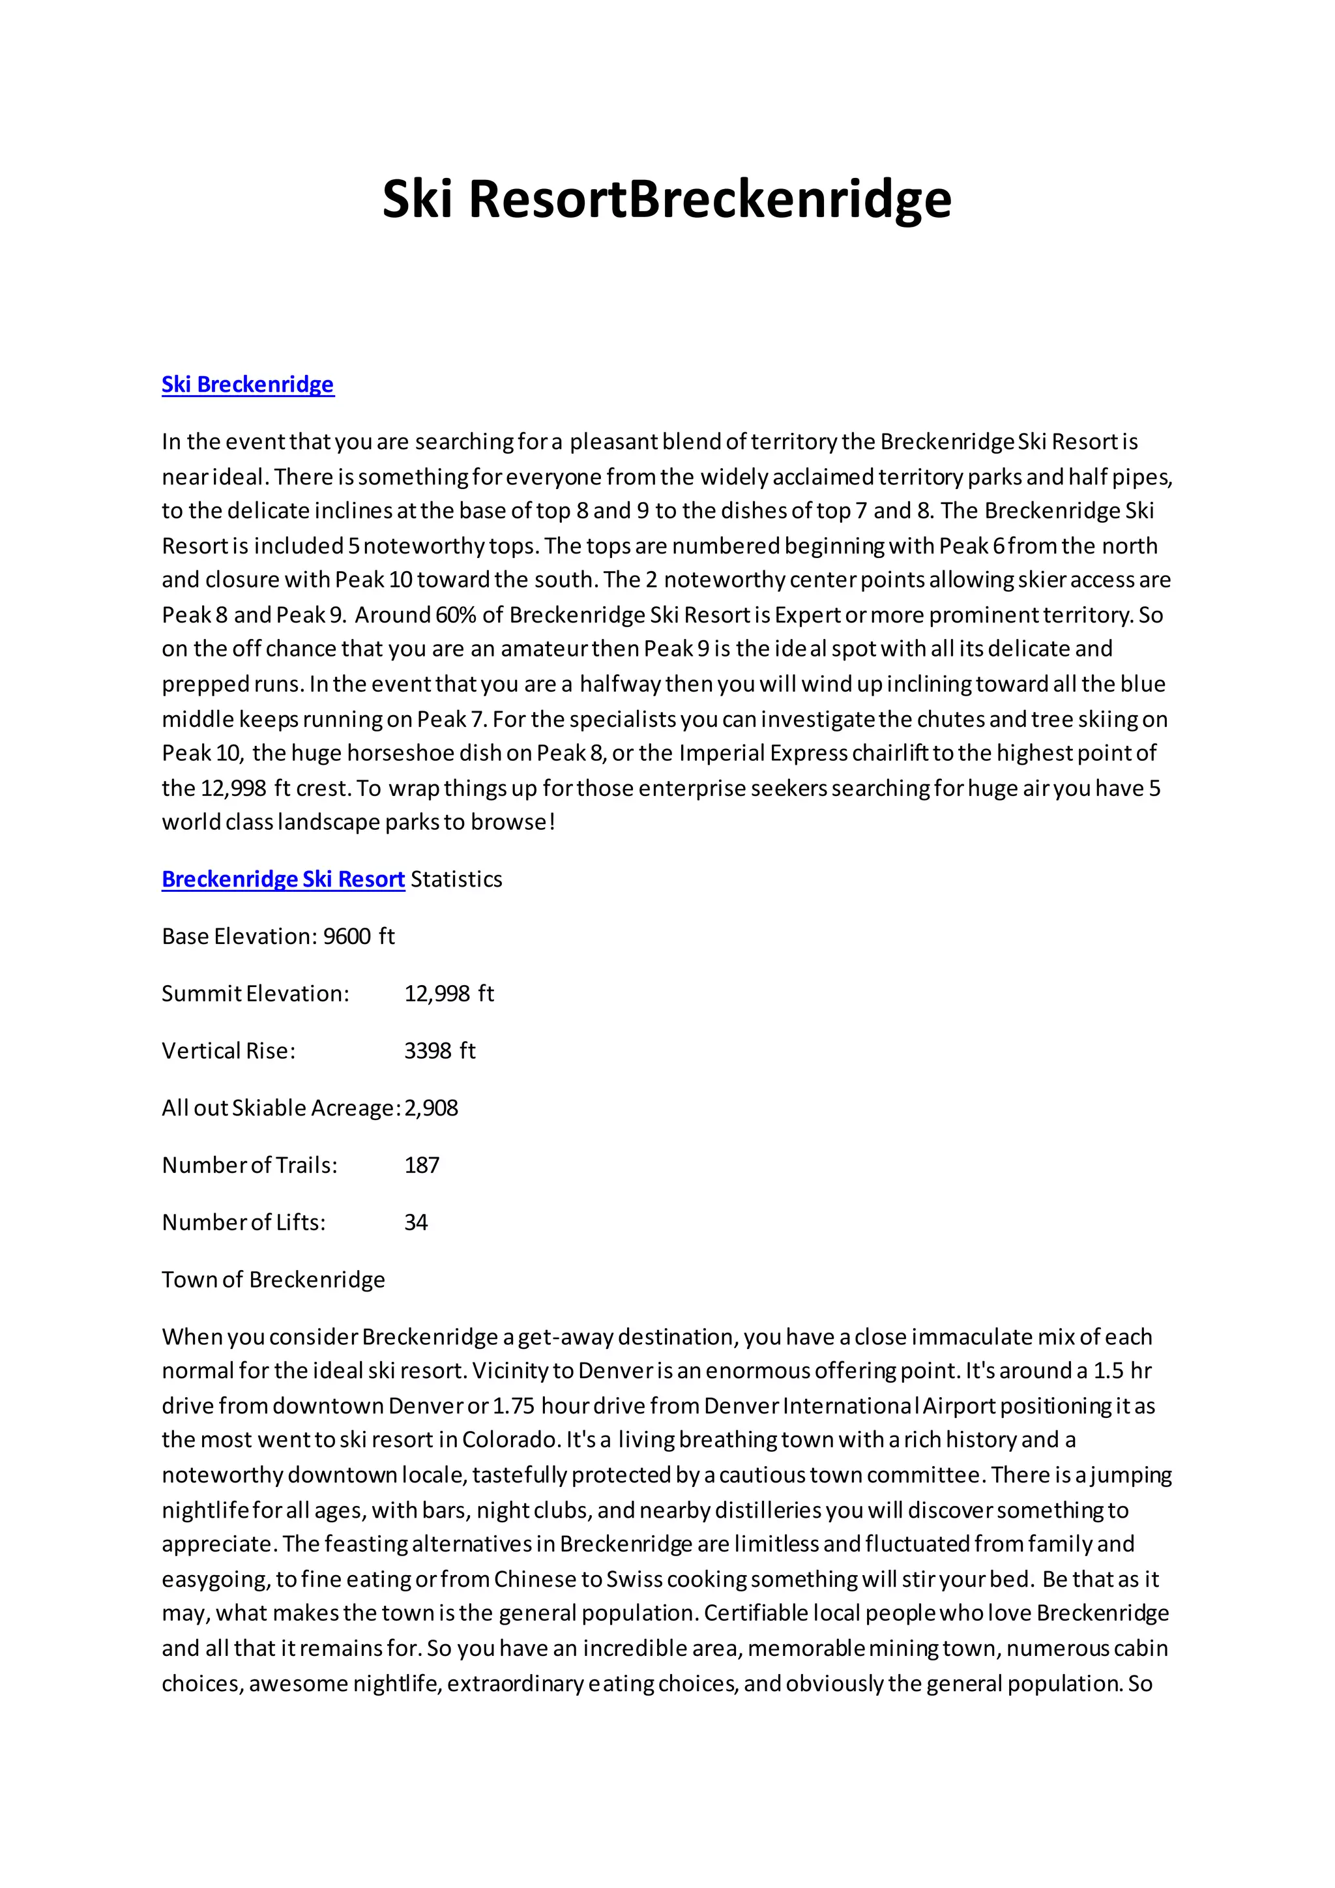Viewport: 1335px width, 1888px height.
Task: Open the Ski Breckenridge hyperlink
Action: pyautogui.click(x=248, y=385)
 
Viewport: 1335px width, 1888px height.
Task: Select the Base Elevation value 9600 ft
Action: pyautogui.click(x=359, y=937)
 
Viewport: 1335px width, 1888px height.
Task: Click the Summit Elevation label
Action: pyautogui.click(x=255, y=994)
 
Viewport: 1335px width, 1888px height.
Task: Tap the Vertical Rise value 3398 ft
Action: pyautogui.click(x=440, y=1051)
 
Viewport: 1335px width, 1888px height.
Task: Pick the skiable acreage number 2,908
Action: pyautogui.click(x=431, y=1108)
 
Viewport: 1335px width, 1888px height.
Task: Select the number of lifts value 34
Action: pyautogui.click(x=416, y=1223)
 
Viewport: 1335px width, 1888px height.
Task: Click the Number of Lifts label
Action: pyautogui.click(x=243, y=1223)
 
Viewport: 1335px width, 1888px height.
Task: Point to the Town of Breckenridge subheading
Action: pyautogui.click(x=273, y=1280)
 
